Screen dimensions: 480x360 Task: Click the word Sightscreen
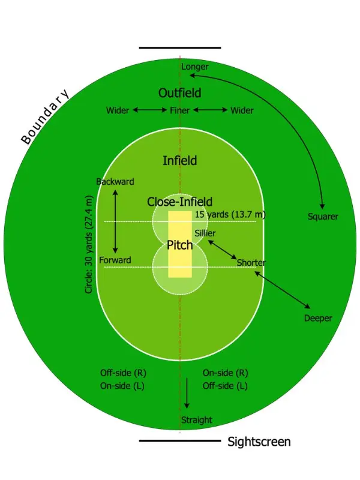click(x=259, y=442)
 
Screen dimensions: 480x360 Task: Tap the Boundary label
click(x=45, y=118)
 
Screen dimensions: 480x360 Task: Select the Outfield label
click(x=179, y=93)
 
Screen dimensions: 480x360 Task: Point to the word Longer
click(x=195, y=67)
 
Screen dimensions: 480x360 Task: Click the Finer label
click(x=180, y=110)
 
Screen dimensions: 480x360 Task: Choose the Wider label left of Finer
click(x=118, y=110)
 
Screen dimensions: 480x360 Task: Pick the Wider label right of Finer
click(x=242, y=110)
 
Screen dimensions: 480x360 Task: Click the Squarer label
click(x=323, y=217)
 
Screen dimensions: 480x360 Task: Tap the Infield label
click(x=180, y=161)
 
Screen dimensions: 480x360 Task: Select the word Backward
click(x=115, y=182)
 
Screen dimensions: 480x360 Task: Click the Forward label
click(x=115, y=260)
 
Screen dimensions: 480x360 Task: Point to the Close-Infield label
click(x=180, y=202)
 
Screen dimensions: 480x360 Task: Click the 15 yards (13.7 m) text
click(x=230, y=214)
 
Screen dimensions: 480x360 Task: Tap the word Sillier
click(x=205, y=233)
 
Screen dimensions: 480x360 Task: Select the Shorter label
click(x=251, y=263)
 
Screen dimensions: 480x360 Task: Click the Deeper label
click(x=318, y=318)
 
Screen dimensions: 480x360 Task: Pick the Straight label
click(x=197, y=420)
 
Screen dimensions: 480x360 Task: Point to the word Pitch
click(x=180, y=245)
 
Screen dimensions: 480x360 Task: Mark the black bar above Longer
click(x=180, y=47)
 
